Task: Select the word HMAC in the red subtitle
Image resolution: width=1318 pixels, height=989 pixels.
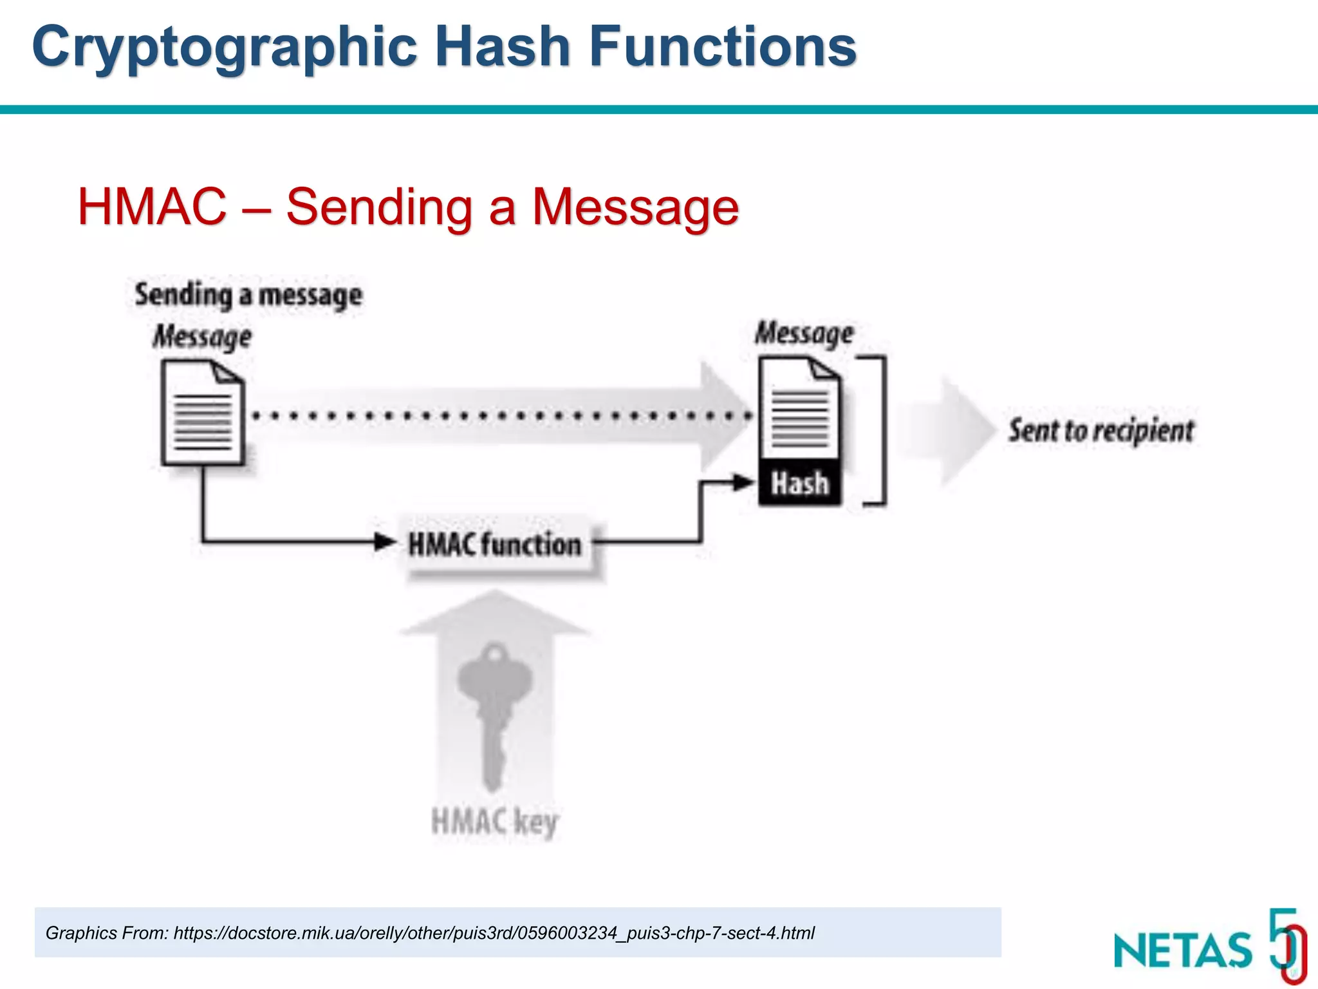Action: pyautogui.click(x=152, y=207)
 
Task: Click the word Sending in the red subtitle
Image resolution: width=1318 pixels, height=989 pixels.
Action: pyautogui.click(x=380, y=207)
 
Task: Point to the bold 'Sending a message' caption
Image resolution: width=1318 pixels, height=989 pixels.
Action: pyautogui.click(x=248, y=296)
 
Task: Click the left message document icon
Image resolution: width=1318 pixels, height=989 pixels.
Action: pyautogui.click(x=203, y=413)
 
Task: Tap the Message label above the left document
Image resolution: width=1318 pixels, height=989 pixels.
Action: pyautogui.click(x=202, y=337)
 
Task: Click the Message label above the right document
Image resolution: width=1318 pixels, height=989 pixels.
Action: pyautogui.click(x=804, y=334)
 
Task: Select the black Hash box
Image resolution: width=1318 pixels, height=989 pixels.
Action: pyautogui.click(x=800, y=483)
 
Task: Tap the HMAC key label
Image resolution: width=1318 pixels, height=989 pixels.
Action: pyautogui.click(x=494, y=822)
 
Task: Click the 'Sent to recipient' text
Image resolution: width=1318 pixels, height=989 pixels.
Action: pyautogui.click(x=1101, y=430)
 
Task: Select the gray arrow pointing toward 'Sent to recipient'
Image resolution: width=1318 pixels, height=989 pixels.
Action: pyautogui.click(x=946, y=430)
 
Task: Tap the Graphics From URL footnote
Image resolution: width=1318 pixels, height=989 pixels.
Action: pyautogui.click(x=430, y=933)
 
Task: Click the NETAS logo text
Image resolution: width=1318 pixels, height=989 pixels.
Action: pyautogui.click(x=1183, y=950)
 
